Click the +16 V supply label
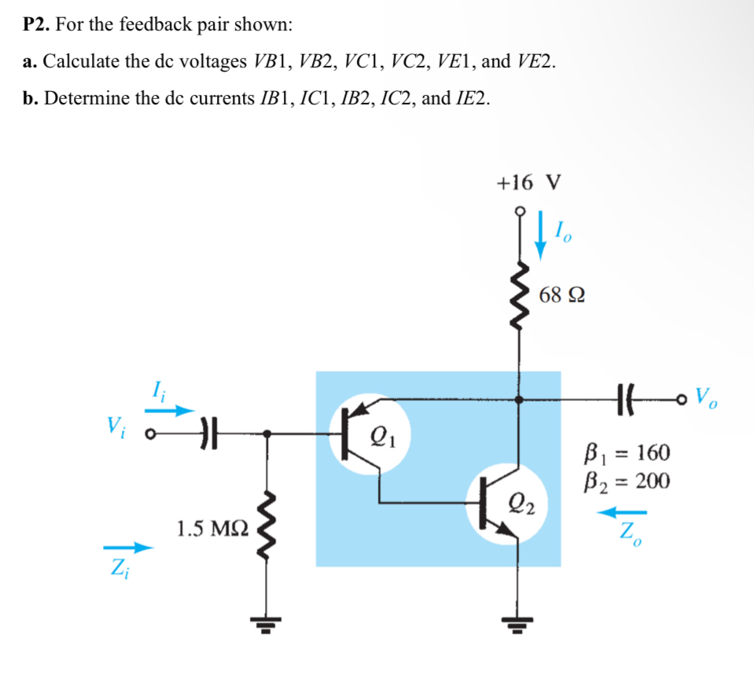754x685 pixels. click(x=528, y=183)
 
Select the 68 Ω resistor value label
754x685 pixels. click(x=562, y=296)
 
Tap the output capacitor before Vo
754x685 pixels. click(x=626, y=399)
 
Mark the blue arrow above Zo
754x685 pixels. click(x=614, y=512)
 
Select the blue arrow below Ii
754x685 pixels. click(x=171, y=410)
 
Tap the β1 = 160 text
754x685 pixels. click(x=626, y=453)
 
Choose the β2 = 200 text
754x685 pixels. click(x=626, y=481)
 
